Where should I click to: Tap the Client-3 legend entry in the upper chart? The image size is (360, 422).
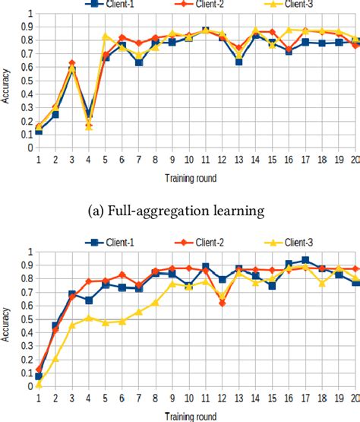(x=288, y=5)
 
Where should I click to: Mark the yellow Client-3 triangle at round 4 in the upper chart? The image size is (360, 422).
(x=89, y=126)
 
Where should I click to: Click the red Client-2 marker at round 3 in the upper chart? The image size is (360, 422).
(x=72, y=64)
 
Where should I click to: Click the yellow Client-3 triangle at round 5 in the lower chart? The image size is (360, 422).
(x=106, y=322)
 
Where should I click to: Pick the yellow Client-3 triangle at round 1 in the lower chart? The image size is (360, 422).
(x=39, y=384)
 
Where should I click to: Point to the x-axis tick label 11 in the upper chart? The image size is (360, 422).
(x=205, y=160)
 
